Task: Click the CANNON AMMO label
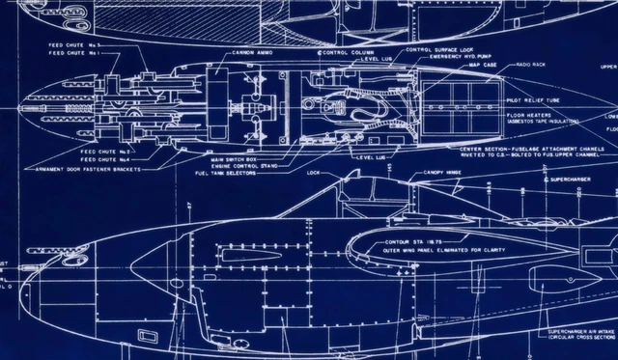(x=253, y=52)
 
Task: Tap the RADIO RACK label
(x=530, y=64)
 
